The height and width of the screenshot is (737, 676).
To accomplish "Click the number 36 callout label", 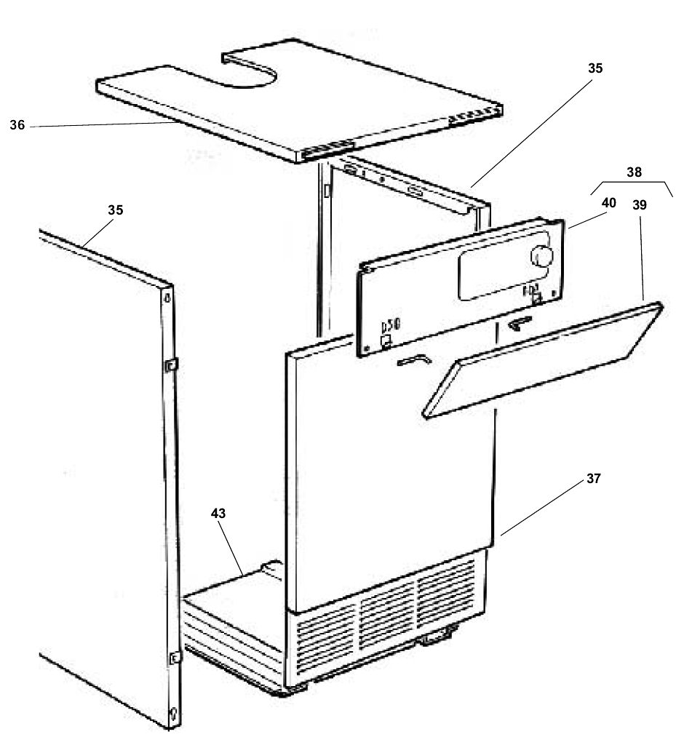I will click(x=17, y=125).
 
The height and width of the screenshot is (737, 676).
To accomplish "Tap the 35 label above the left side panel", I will click(x=115, y=210).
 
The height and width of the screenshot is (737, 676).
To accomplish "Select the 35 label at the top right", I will click(x=595, y=68).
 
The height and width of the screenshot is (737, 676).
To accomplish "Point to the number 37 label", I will click(x=595, y=479).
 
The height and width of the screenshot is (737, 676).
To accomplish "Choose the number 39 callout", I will click(x=640, y=205).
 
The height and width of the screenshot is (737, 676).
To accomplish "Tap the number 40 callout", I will click(x=608, y=203).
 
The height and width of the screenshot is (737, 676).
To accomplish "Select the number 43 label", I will click(x=218, y=513).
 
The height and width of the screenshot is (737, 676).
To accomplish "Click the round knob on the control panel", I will click(x=542, y=256).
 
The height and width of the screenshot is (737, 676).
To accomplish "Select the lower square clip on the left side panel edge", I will click(x=175, y=658).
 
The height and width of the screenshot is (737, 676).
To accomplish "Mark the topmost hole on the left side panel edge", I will click(x=168, y=298).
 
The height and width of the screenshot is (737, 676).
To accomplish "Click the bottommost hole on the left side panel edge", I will click(x=174, y=712).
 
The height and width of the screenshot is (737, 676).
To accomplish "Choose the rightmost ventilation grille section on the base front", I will click(x=445, y=586).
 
